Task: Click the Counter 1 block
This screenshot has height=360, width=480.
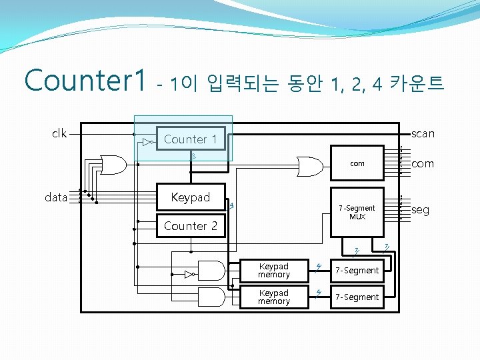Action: click(x=190, y=139)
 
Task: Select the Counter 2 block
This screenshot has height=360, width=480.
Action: click(x=190, y=226)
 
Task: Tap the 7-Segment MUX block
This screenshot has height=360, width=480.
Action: click(x=357, y=212)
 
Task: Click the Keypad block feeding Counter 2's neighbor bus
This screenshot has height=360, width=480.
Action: click(x=190, y=197)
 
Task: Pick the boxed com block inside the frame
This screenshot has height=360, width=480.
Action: click(x=357, y=163)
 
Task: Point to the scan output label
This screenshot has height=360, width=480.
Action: click(x=423, y=133)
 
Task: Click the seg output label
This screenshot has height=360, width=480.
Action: click(x=420, y=210)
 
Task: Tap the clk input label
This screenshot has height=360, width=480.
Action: click(x=59, y=133)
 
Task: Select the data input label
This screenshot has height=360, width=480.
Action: click(x=55, y=197)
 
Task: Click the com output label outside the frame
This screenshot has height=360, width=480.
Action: click(x=422, y=163)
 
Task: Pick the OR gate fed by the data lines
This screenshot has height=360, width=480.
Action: click(x=113, y=163)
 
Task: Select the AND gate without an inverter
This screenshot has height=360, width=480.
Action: click(x=211, y=297)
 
